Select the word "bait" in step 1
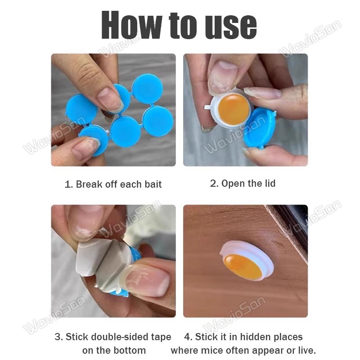coord(153,184)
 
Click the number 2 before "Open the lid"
coord(213,184)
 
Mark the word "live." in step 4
coord(307,351)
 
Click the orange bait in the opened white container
coord(234,110)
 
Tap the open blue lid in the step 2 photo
coord(260,128)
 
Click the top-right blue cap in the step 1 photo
coord(148,89)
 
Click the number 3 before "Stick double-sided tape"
coord(58,337)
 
